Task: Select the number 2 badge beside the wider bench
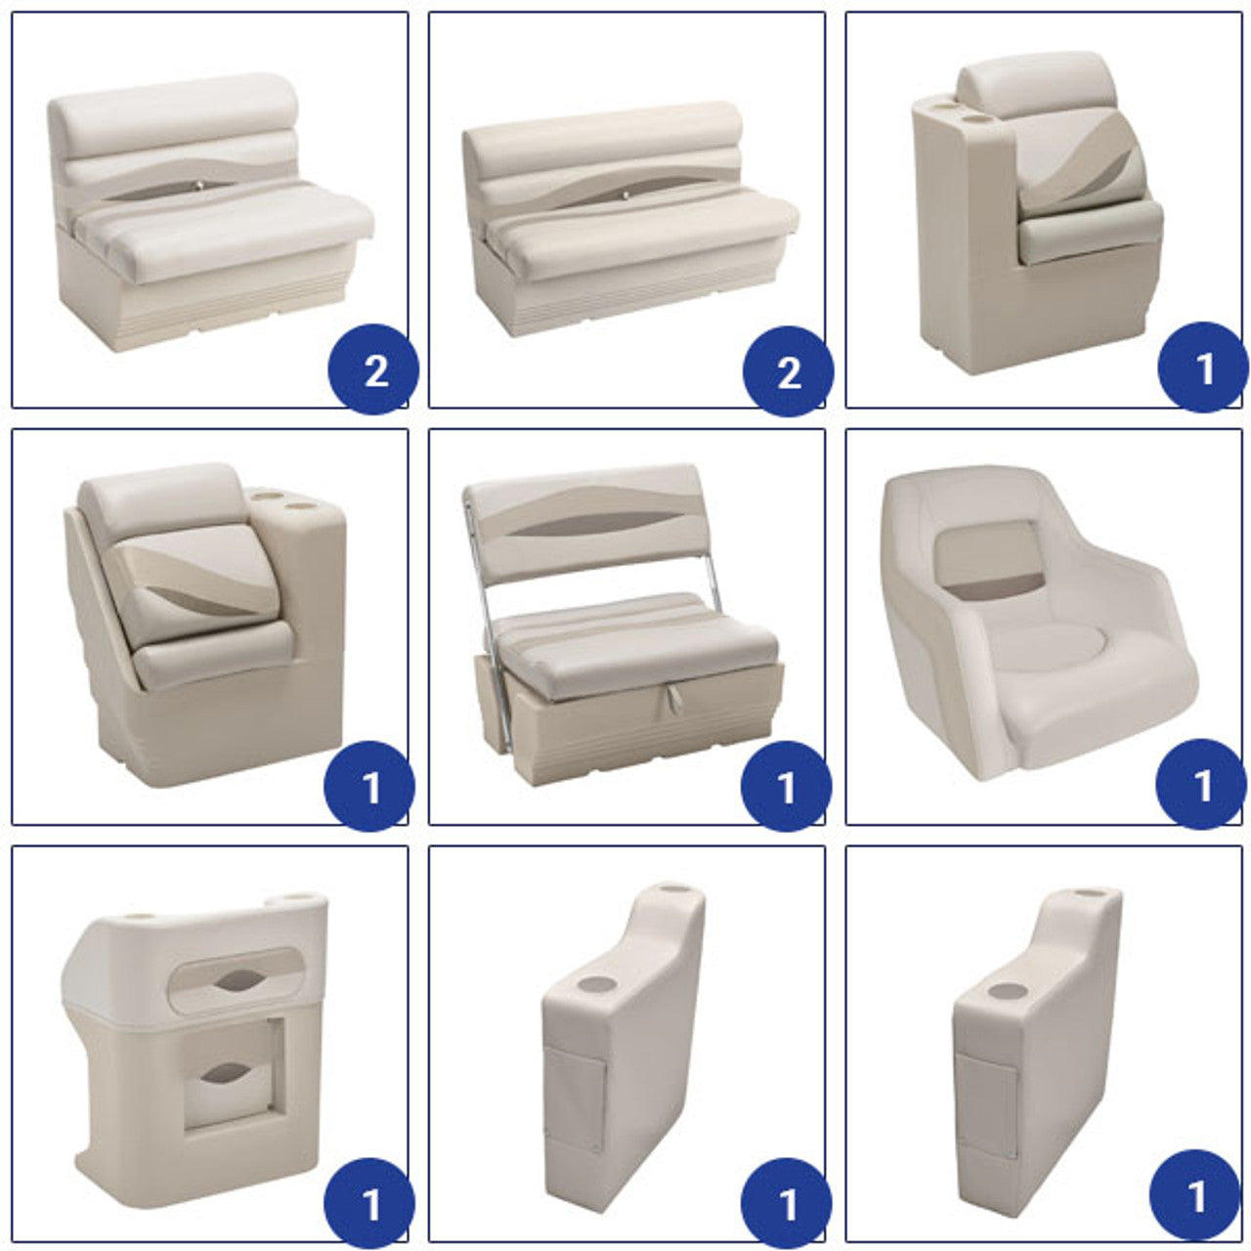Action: click(x=788, y=371)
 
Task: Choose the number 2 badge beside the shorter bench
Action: click(x=374, y=369)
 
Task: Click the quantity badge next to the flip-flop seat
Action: click(x=786, y=786)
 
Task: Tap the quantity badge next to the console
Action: click(x=369, y=1203)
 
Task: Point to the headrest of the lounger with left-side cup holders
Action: click(x=1037, y=92)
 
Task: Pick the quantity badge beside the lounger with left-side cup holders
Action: click(x=1203, y=367)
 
